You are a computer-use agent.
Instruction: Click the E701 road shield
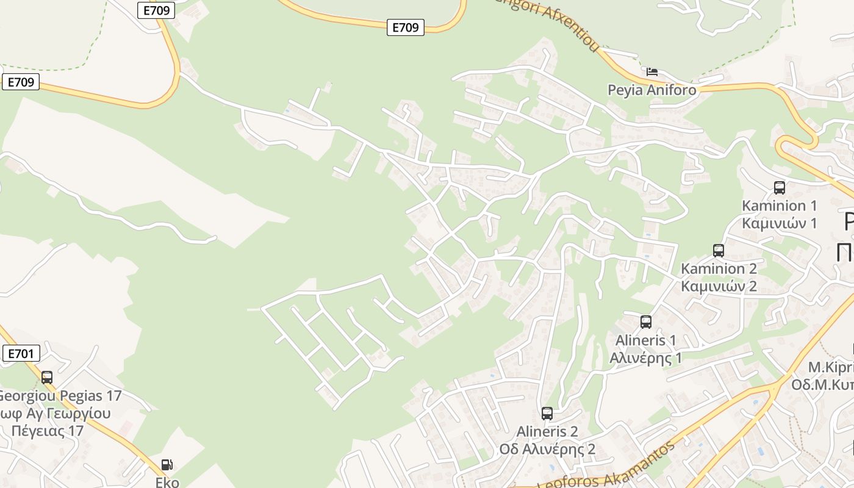[21, 353]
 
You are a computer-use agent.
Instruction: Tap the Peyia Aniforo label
[651, 90]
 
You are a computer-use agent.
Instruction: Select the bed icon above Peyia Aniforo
[652, 72]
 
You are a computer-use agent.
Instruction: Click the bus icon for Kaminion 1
[779, 187]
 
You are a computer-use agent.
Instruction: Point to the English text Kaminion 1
[779, 206]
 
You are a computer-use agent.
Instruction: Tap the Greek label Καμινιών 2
[719, 286]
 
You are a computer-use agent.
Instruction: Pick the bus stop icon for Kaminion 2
[719, 250]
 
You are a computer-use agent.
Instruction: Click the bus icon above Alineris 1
[646, 321]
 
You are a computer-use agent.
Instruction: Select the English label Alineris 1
[646, 340]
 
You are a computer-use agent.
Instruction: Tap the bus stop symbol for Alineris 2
[547, 413]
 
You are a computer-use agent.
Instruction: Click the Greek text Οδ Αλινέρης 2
[547, 450]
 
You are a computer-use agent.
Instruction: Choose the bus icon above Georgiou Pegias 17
[47, 377]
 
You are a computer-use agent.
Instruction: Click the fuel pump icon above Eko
[167, 464]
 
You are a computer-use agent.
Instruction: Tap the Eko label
[167, 482]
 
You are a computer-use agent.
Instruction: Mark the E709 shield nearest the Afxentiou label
[405, 27]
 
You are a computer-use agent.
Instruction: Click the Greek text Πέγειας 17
[47, 431]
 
